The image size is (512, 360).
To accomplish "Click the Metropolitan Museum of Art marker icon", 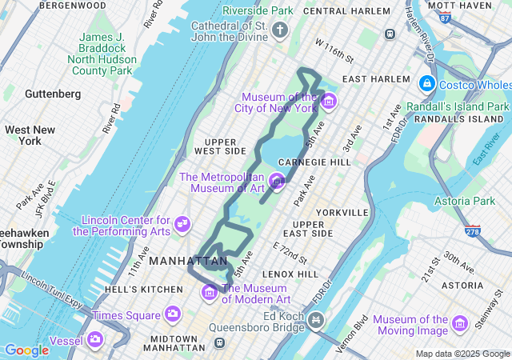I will click(277, 182).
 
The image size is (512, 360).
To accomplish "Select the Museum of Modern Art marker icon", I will click(210, 293).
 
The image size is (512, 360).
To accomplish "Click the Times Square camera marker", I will click(172, 314).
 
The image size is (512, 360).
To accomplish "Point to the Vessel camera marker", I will click(95, 339).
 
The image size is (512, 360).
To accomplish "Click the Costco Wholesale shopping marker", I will click(426, 84).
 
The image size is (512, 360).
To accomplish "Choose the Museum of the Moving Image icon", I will click(459, 323).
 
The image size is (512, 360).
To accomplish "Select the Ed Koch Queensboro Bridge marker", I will click(317, 322).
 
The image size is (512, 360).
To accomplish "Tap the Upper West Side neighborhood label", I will click(220, 146).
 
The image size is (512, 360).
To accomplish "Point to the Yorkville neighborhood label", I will click(342, 213).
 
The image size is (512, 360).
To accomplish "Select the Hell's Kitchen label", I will click(138, 289).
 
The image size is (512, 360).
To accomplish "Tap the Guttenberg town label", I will click(53, 94).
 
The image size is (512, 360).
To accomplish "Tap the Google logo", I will click(26, 350).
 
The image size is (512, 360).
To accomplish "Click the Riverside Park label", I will click(258, 11).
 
